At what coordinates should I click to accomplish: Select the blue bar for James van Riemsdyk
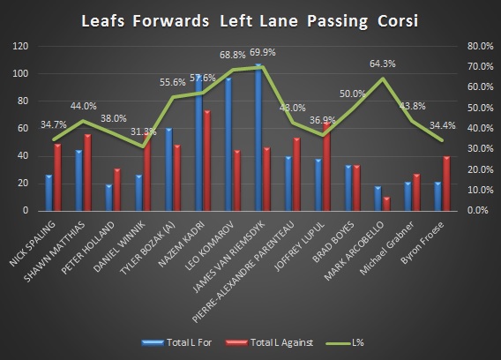click(x=258, y=138)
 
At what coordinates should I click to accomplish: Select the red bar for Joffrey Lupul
click(x=326, y=167)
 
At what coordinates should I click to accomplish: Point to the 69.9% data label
click(x=265, y=54)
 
